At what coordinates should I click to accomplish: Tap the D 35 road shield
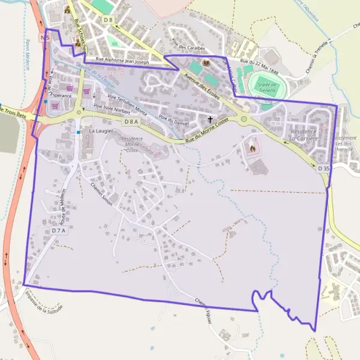click(x=323, y=169)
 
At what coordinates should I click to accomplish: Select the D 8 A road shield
click(x=131, y=121)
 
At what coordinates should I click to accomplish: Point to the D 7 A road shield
click(x=58, y=230)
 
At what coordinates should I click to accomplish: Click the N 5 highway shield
click(x=44, y=37)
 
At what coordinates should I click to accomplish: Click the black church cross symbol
click(x=209, y=120)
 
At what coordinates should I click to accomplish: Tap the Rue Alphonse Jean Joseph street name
click(x=123, y=60)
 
